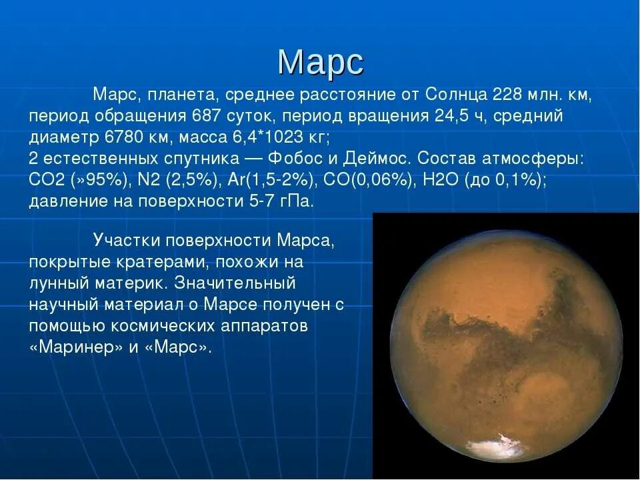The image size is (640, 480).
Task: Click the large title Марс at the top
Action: (x=320, y=62)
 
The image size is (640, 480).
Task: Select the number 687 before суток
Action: (x=207, y=117)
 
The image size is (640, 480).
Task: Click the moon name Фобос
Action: (x=295, y=159)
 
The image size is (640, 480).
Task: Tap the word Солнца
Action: (x=453, y=95)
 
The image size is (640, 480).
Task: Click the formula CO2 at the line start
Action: (x=47, y=181)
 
